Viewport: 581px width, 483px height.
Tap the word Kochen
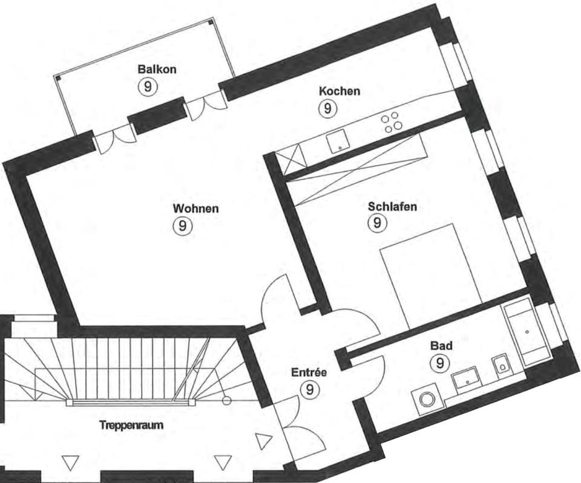340,91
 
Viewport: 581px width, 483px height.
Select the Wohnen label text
196,209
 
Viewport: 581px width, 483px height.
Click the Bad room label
441,346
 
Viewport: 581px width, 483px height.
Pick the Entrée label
309,372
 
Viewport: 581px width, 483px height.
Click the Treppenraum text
131,425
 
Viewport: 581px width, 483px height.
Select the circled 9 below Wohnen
182,226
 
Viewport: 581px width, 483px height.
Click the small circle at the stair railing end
226,400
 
